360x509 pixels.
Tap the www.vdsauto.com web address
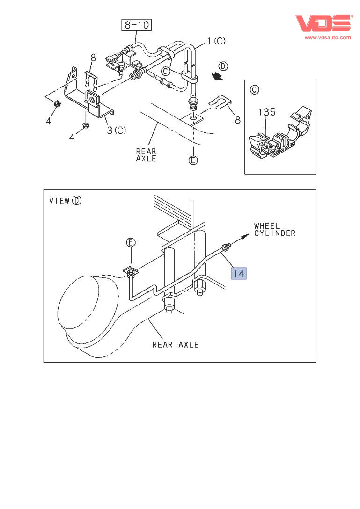point(328,37)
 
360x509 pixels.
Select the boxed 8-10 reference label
point(137,24)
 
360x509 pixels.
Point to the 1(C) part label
point(214,41)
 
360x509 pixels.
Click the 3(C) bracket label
point(117,130)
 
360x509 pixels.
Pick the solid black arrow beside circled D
point(216,75)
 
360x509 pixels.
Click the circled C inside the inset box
point(255,89)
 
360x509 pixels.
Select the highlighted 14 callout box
point(239,273)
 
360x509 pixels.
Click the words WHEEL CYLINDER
point(275,229)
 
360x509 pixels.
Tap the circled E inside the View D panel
point(131,242)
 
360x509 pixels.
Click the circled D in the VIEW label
point(77,201)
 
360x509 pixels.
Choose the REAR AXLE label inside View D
point(176,345)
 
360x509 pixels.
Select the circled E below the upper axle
point(193,160)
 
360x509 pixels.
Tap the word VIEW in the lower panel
point(59,201)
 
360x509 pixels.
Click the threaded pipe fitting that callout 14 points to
point(227,246)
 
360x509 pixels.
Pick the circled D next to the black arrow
point(224,66)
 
